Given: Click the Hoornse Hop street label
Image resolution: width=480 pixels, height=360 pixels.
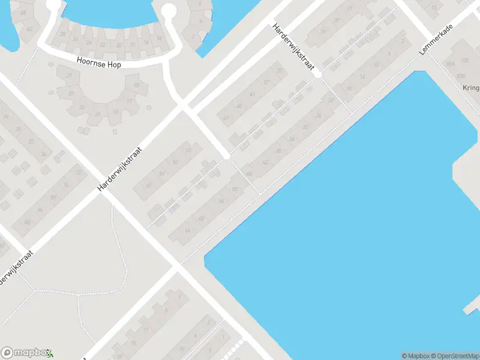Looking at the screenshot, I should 99,62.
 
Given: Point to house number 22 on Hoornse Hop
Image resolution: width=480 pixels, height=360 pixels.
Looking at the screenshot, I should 103,45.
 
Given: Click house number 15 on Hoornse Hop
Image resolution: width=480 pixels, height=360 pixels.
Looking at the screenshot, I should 137,86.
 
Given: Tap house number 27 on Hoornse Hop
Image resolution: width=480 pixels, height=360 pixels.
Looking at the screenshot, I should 69,76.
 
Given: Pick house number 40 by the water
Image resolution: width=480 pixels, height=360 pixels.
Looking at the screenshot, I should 29,28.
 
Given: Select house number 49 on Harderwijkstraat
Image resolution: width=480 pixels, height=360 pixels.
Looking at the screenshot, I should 226,118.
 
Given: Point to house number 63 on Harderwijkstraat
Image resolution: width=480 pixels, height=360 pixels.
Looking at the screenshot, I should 148,186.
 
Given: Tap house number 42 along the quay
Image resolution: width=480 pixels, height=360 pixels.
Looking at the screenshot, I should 265,163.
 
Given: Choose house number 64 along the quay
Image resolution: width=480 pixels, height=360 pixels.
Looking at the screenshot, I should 188,230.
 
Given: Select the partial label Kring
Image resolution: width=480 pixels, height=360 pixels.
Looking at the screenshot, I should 471,88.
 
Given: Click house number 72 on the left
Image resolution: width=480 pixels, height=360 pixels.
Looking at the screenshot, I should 78,173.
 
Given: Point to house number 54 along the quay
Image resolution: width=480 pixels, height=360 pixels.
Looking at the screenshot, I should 221,201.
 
